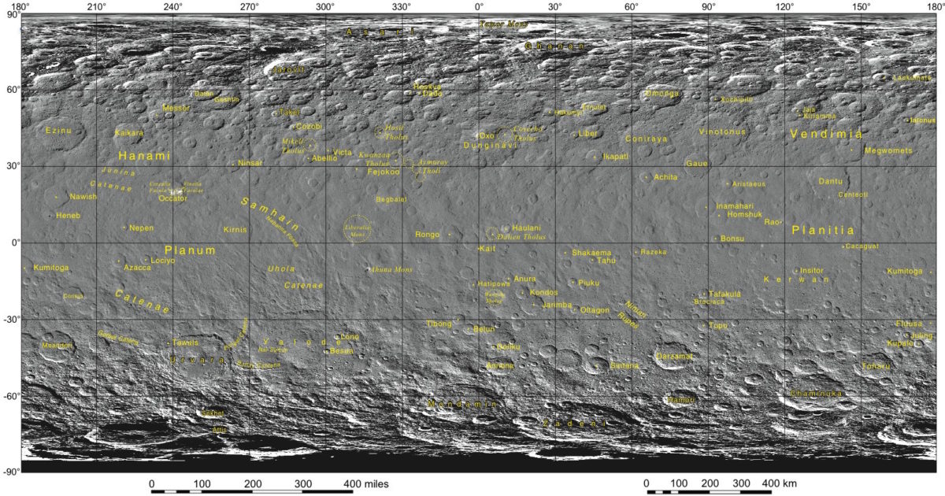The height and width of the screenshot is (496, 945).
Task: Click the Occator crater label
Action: point(172,198)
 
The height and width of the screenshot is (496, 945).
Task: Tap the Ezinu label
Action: point(59,131)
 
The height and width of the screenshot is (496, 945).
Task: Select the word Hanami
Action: point(144,156)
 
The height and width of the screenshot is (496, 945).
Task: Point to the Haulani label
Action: point(527,228)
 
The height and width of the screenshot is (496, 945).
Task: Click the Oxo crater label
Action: point(487,135)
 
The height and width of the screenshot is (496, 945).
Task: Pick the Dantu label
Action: point(830,182)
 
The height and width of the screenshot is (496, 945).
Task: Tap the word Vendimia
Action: point(825,135)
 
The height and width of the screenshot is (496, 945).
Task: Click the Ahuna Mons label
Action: point(391,269)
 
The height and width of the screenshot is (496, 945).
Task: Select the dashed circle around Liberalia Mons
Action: point(358,229)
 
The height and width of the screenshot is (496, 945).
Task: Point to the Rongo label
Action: point(427,235)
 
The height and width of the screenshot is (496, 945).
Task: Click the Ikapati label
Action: point(616,157)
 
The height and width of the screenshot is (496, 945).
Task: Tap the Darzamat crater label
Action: point(675,357)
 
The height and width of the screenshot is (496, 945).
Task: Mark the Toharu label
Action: point(876,366)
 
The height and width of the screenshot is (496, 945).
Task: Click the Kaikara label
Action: point(129,133)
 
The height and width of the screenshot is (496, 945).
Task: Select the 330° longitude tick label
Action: point(402,7)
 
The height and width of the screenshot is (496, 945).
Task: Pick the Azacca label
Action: point(137,268)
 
